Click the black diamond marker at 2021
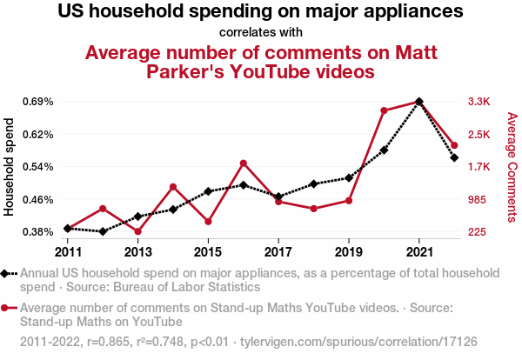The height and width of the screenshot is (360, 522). [419, 102]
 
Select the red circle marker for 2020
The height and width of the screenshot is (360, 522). [384, 110]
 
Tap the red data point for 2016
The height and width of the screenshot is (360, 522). [244, 163]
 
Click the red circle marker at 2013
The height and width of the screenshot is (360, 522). [137, 231]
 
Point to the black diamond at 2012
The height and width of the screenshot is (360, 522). [103, 231]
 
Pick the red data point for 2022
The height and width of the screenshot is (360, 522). [454, 145]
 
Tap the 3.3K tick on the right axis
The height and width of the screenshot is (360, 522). [479, 102]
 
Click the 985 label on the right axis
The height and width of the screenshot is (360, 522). [479, 199]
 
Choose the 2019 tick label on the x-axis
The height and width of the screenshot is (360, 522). [349, 251]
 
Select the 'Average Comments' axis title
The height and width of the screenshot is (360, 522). [511, 167]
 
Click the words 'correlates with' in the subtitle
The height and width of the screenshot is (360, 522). [261, 33]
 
